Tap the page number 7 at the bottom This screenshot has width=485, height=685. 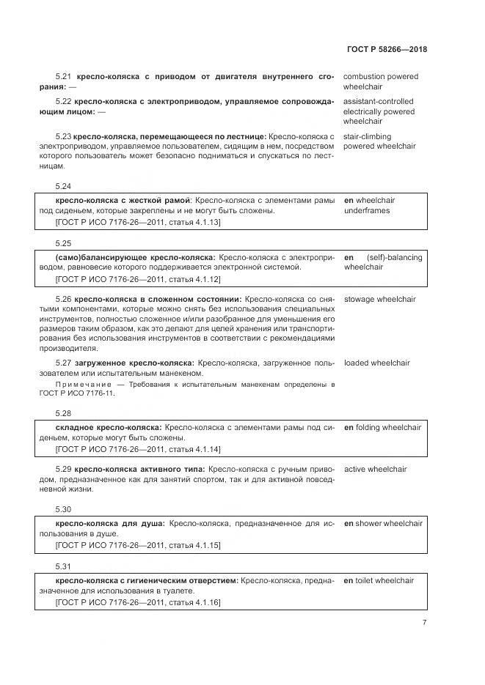pos(424,622)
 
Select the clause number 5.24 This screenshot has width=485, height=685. pos(64,187)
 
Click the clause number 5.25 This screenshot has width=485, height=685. pos(64,242)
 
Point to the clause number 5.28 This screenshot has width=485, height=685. pos(64,413)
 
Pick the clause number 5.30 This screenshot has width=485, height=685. pos(64,509)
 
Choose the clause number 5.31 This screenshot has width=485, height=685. pos(64,566)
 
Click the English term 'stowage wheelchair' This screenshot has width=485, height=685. pos(379,300)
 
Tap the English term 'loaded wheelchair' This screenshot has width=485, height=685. pos(376,363)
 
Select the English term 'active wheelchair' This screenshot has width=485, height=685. pos(375,470)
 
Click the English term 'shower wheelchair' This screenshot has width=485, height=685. pos(389,524)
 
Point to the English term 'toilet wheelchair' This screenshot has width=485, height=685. pos(384,581)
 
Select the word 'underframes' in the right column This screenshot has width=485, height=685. pos(367,211)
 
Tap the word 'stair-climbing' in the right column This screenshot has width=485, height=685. pos(368,136)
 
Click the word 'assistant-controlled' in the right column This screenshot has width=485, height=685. pos(378,102)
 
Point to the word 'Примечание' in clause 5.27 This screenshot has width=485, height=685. pos(80,385)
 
